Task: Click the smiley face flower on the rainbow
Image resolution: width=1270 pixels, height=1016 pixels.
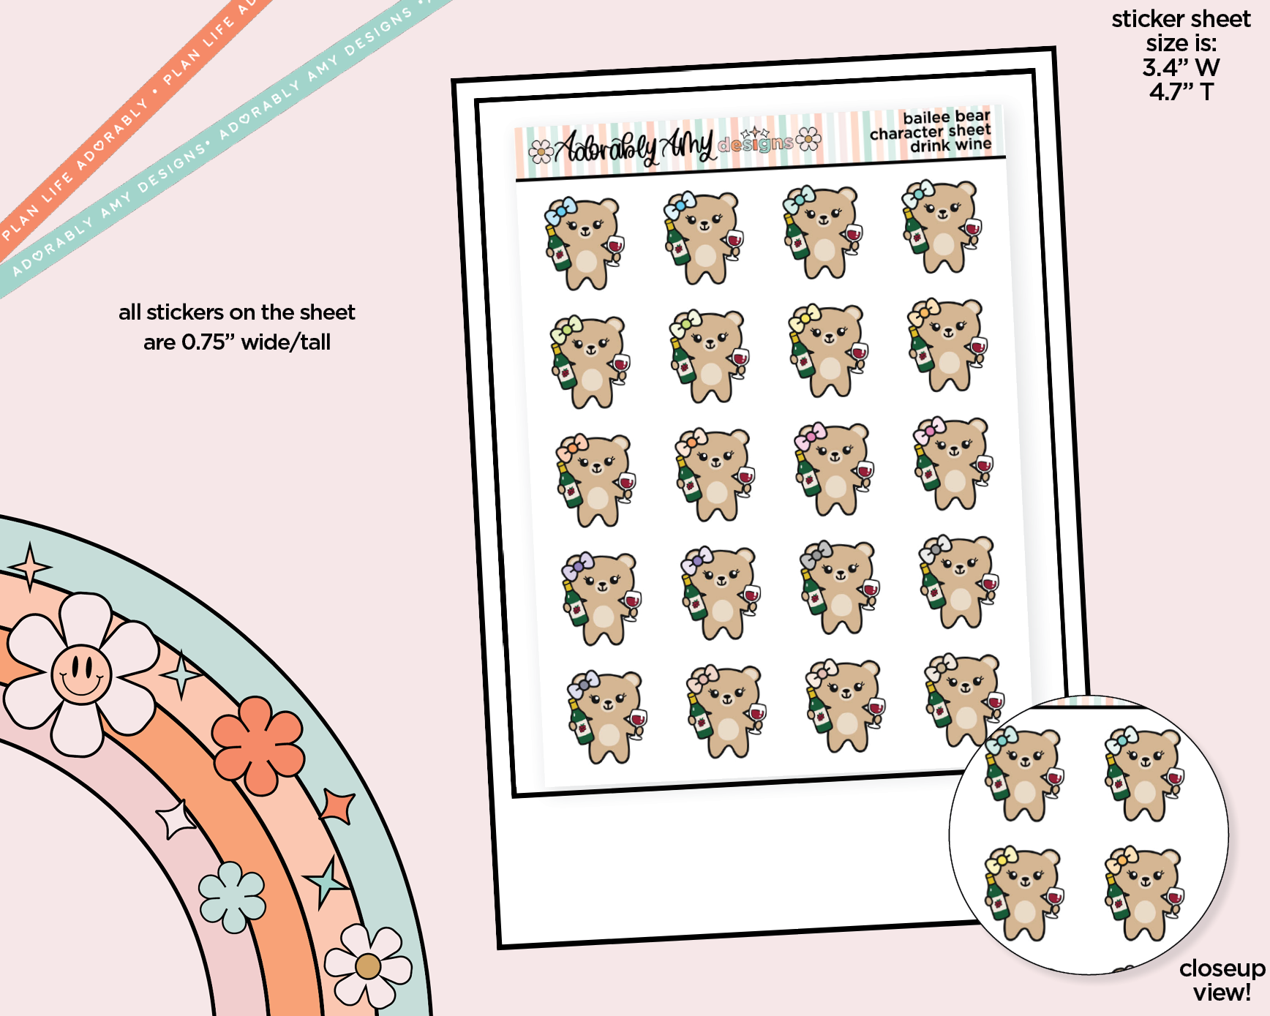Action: click(80, 674)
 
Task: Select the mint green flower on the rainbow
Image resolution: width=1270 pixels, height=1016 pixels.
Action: click(232, 897)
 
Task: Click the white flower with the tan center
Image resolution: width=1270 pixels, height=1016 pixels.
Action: click(368, 966)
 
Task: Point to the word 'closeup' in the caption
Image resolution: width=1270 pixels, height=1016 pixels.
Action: click(1222, 969)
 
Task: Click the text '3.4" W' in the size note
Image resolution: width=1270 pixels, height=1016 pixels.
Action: click(1181, 67)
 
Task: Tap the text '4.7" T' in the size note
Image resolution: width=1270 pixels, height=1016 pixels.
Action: click(1181, 92)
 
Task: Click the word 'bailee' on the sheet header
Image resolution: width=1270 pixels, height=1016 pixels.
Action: click(927, 118)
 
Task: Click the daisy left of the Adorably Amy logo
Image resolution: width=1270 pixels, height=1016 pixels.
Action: click(541, 151)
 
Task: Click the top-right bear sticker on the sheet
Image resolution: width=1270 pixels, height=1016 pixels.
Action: click(942, 227)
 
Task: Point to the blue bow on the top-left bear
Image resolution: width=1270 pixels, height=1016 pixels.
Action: click(560, 211)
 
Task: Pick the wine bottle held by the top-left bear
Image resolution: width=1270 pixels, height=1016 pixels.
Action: click(558, 249)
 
